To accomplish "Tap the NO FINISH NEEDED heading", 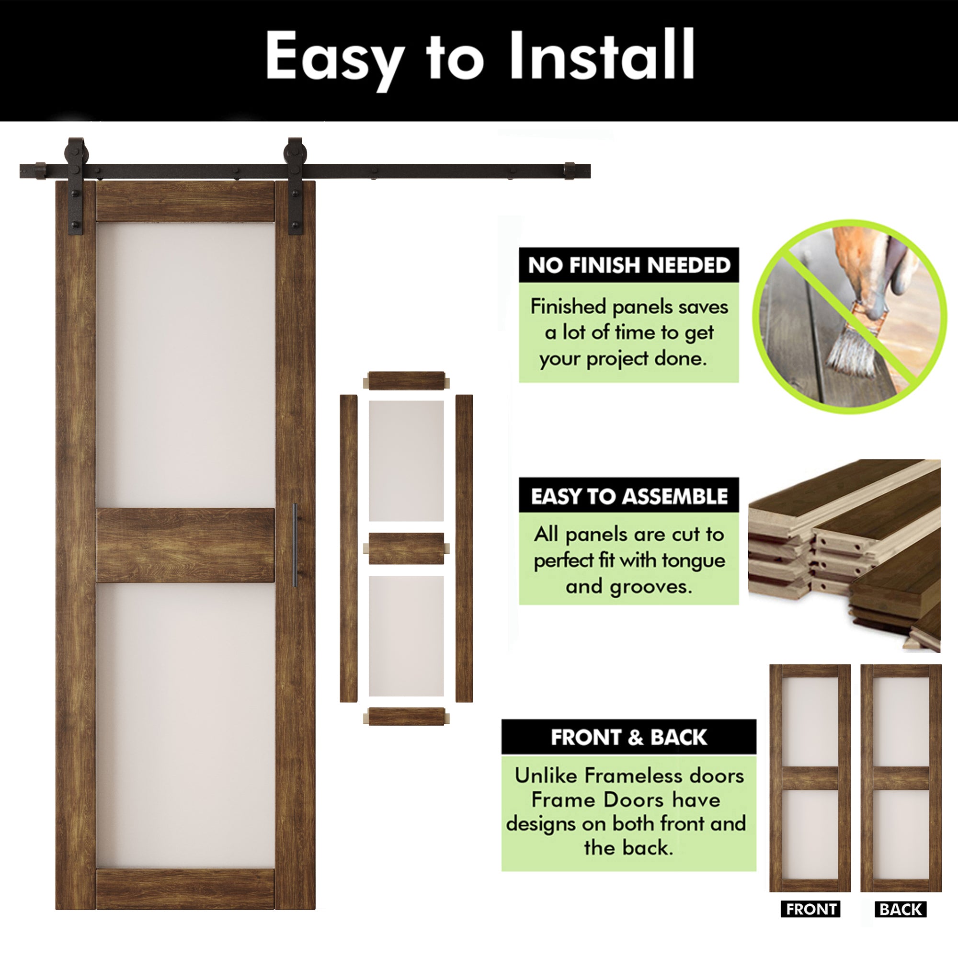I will click(629, 265).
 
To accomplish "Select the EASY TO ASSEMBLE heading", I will click(629, 496).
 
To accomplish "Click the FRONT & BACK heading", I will click(629, 737).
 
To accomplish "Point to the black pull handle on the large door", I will click(295, 545).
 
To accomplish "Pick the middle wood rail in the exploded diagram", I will click(406, 548).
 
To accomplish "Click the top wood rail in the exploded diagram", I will click(406, 381).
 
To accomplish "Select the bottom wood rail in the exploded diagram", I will click(406, 717).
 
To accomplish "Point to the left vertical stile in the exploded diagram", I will click(348, 548).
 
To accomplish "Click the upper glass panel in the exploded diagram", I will click(406, 461).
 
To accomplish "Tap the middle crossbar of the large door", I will click(185, 545).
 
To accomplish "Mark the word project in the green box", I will click(618, 358).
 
